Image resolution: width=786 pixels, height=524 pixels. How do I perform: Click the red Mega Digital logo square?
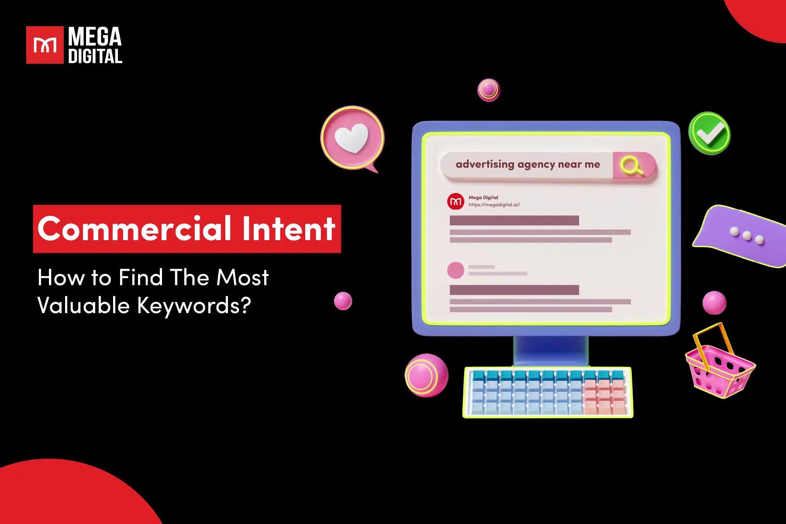click(45, 45)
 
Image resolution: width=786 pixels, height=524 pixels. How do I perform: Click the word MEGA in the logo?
click(95, 37)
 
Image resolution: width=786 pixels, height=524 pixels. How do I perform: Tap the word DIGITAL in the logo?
click(95, 56)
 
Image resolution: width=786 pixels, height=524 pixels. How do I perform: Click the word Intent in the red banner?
click(289, 229)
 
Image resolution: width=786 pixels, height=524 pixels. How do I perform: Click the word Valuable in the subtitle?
click(83, 305)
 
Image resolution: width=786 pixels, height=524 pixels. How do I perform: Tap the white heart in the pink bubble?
click(352, 138)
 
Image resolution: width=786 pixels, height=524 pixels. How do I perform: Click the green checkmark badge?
click(710, 133)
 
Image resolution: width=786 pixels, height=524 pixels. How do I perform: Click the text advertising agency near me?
click(527, 165)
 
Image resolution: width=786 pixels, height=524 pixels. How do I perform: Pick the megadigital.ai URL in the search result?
click(494, 205)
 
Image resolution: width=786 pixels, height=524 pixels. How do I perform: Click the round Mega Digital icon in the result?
click(455, 201)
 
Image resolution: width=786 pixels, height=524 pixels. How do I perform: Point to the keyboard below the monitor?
click(548, 392)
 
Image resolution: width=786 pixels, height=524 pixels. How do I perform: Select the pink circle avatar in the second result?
click(455, 270)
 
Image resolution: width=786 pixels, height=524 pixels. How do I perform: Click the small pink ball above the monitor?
click(489, 90)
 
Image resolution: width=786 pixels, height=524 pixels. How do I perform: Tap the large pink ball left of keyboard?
click(426, 376)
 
